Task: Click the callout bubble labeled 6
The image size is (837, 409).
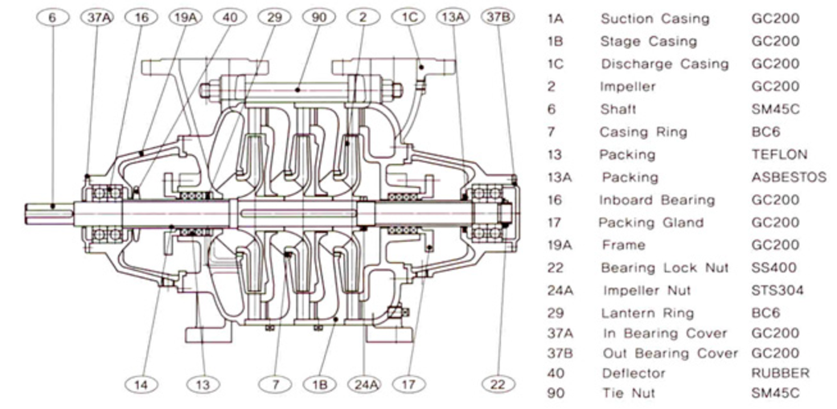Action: click(52, 16)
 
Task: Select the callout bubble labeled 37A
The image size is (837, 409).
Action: click(96, 16)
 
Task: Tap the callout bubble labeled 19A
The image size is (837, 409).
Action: click(184, 16)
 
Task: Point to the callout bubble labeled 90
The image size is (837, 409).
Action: click(318, 16)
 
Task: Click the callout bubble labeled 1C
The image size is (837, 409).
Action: click(406, 16)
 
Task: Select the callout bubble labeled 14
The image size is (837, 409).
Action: click(142, 385)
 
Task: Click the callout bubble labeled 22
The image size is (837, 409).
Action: click(499, 385)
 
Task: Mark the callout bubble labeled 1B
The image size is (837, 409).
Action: click(318, 385)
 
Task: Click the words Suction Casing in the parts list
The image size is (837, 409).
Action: click(654, 18)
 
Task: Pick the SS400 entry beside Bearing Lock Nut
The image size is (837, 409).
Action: click(773, 268)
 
